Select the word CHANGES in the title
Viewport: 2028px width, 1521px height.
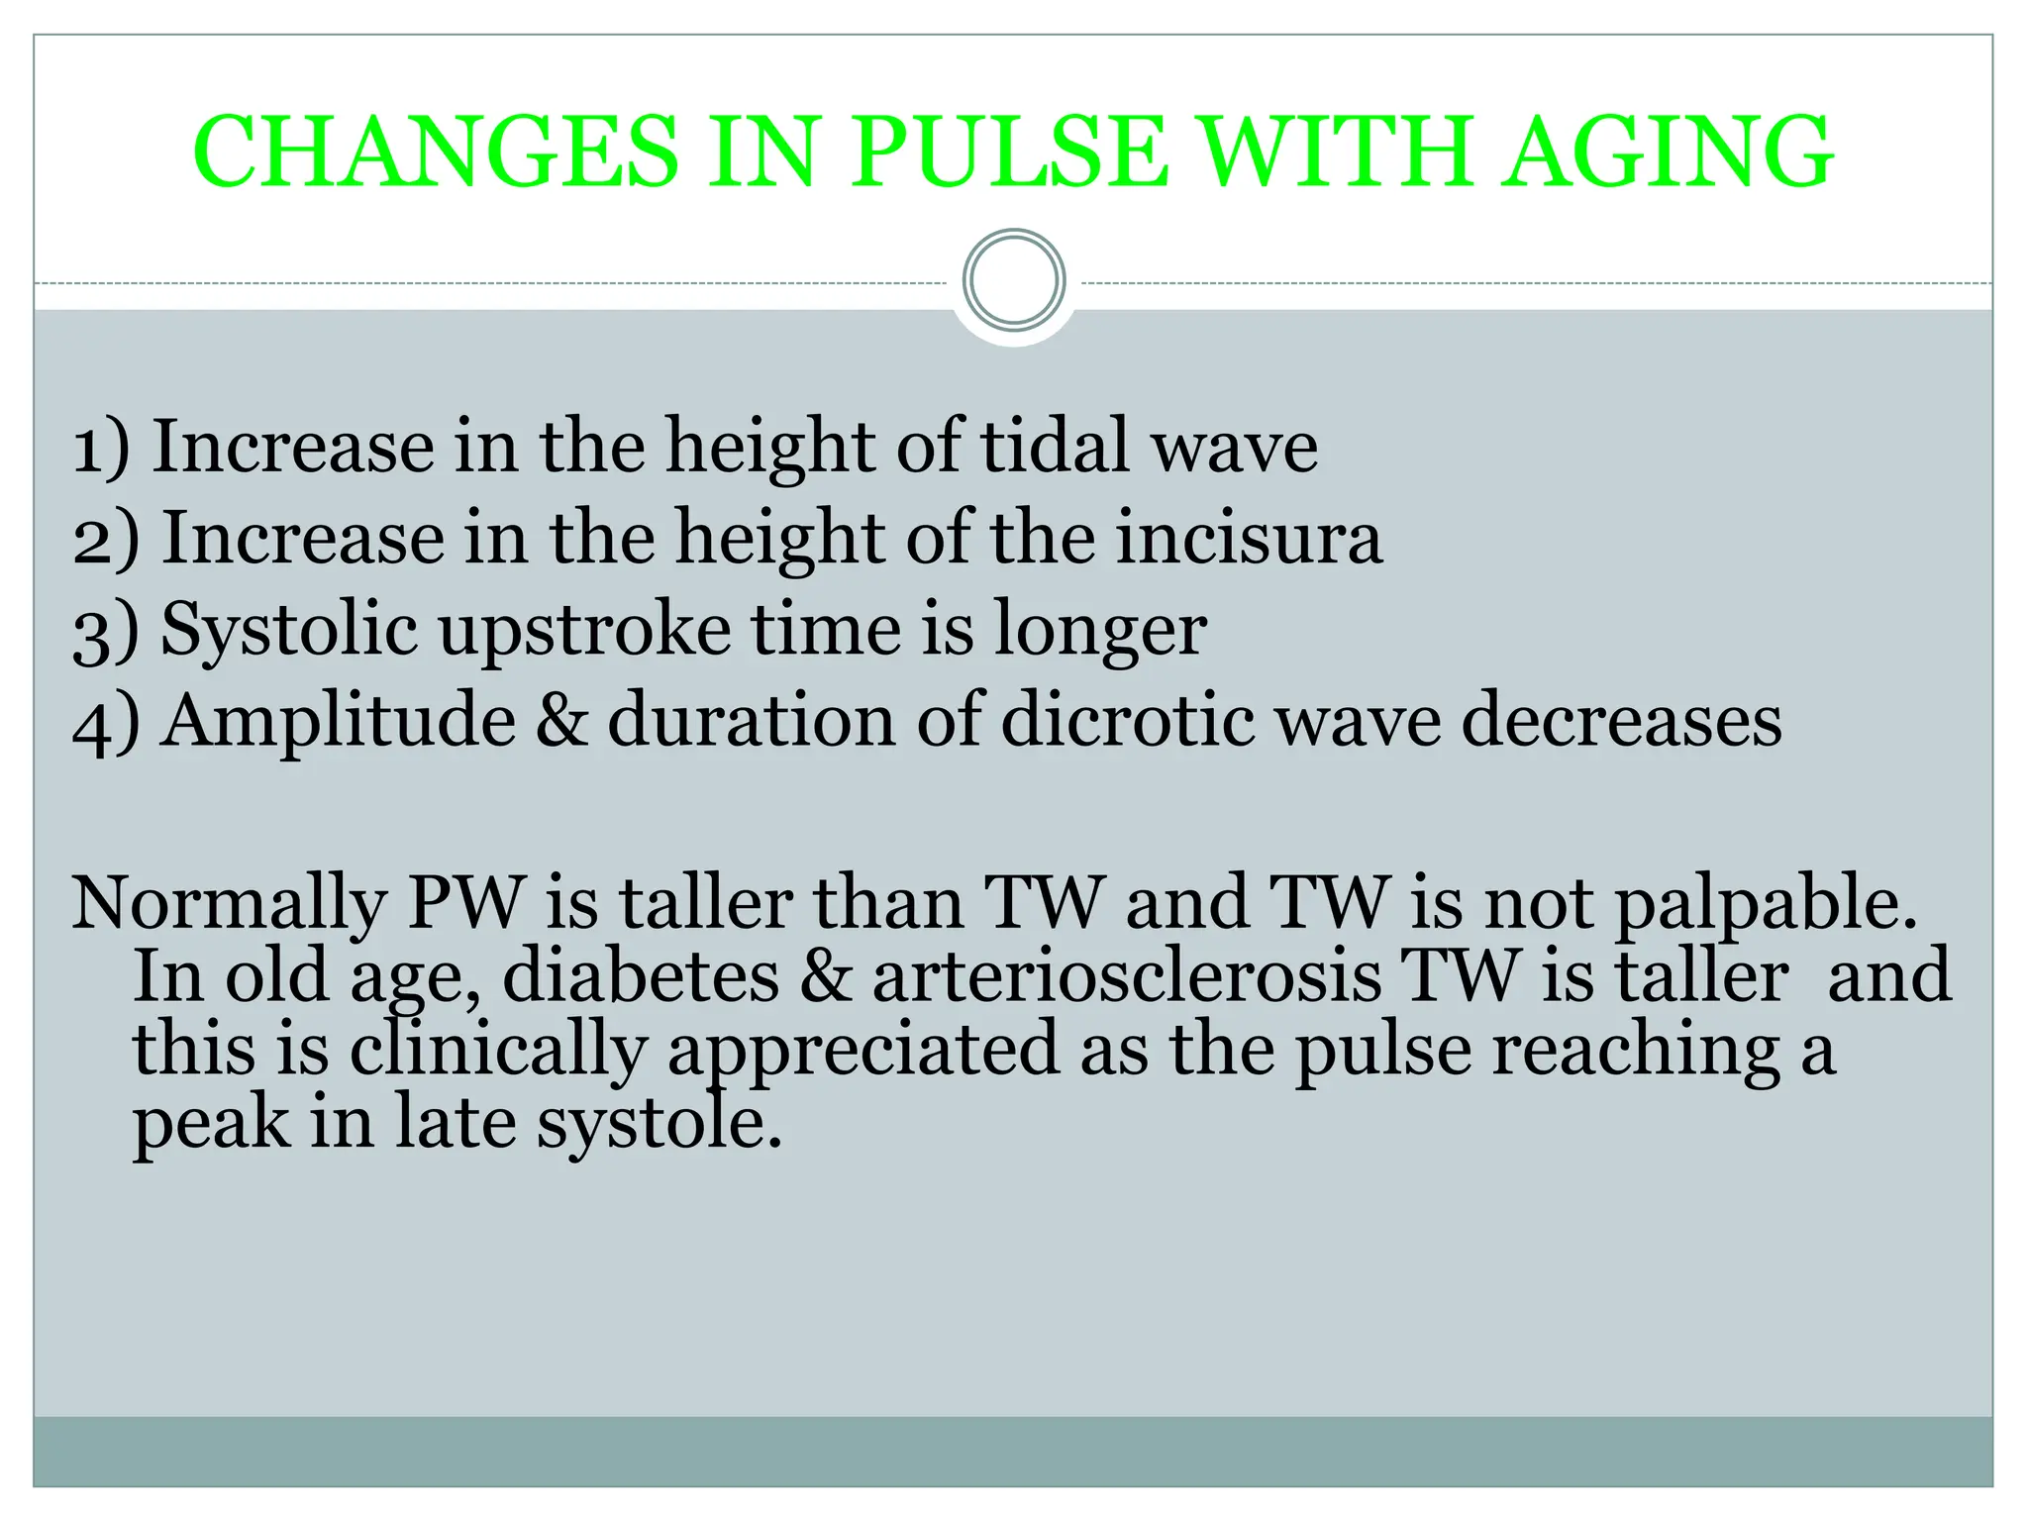pos(437,153)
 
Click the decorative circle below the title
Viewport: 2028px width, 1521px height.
pos(1014,280)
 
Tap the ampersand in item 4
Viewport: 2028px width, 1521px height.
pos(561,721)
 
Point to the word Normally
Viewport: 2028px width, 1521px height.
pos(229,904)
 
